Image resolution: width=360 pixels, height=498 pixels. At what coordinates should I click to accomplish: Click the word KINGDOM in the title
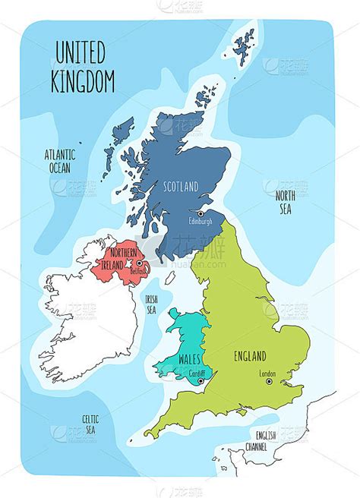(83, 80)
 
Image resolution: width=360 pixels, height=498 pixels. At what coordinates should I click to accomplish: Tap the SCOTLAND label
(180, 186)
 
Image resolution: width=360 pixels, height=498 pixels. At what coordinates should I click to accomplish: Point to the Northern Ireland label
(122, 257)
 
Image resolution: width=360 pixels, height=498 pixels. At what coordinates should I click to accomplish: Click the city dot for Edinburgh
(201, 213)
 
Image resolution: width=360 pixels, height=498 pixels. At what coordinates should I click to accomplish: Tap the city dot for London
(269, 382)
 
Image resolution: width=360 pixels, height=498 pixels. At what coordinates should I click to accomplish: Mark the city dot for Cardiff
(200, 382)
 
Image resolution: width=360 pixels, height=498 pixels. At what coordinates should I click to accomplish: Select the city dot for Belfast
(139, 263)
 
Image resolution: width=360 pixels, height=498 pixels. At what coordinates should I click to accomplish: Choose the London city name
(267, 373)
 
